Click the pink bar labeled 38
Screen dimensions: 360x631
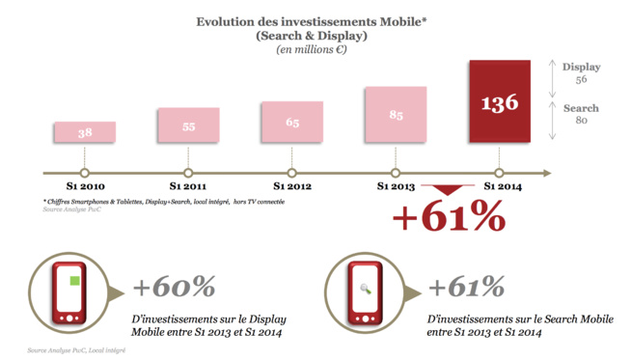pyautogui.click(x=85, y=133)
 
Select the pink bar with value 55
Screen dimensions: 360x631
pyautogui.click(x=188, y=126)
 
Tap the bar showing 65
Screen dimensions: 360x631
pyautogui.click(x=291, y=124)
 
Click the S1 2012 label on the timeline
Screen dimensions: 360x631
pyautogui.click(x=291, y=186)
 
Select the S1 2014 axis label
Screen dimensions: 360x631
pyautogui.click(x=500, y=186)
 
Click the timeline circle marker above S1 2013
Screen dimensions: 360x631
pyautogui.click(x=396, y=173)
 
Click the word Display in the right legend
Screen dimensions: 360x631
pyautogui.click(x=581, y=67)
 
